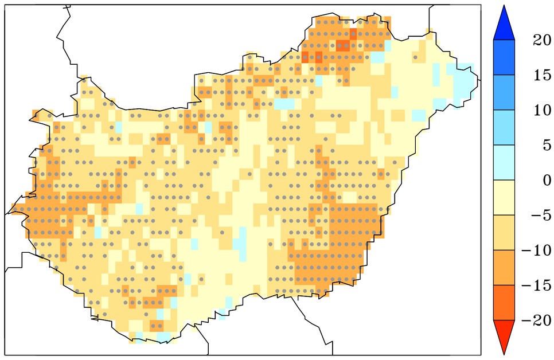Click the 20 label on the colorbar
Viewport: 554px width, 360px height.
click(x=534, y=41)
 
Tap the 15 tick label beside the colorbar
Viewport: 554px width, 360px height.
click(x=534, y=76)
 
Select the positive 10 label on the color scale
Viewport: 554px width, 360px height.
click(x=534, y=111)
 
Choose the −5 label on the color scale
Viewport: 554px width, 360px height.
click(x=533, y=216)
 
